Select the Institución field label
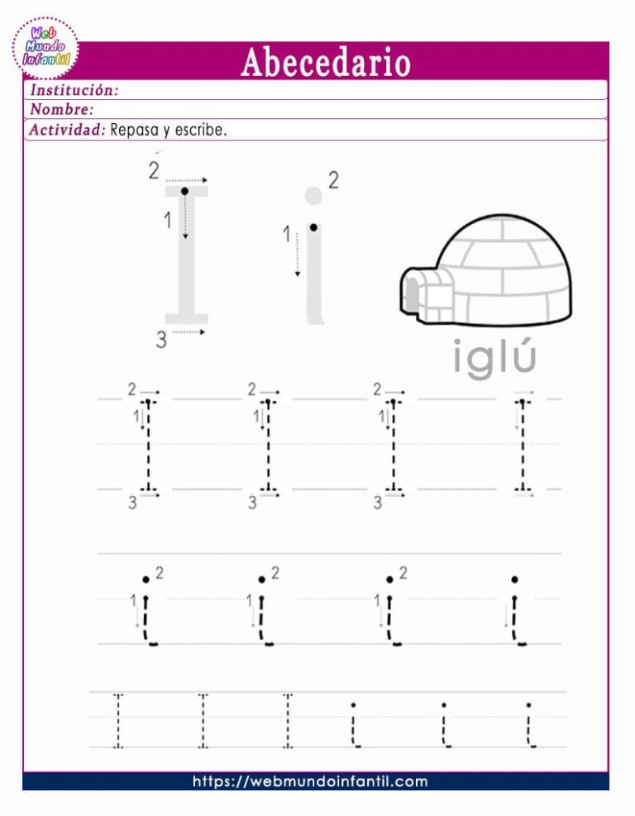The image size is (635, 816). pyautogui.click(x=74, y=89)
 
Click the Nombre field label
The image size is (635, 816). pyautogui.click(x=61, y=109)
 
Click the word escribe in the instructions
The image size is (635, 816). pyautogui.click(x=200, y=130)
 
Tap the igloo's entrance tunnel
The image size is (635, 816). pyautogui.click(x=425, y=295)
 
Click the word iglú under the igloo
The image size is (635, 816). pyautogui.click(x=494, y=358)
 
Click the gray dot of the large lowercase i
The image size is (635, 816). pyautogui.click(x=313, y=196)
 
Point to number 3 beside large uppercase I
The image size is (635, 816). pyautogui.click(x=161, y=339)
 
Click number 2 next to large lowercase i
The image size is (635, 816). pyautogui.click(x=333, y=180)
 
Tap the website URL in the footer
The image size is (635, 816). pyautogui.click(x=310, y=781)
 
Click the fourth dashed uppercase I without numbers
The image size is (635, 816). pyautogui.click(x=522, y=446)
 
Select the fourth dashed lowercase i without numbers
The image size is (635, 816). pyautogui.click(x=516, y=612)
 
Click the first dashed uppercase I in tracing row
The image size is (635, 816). pyautogui.click(x=149, y=446)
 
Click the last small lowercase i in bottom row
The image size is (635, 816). pyautogui.click(x=528, y=724)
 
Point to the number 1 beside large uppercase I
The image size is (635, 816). pyautogui.click(x=168, y=221)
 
